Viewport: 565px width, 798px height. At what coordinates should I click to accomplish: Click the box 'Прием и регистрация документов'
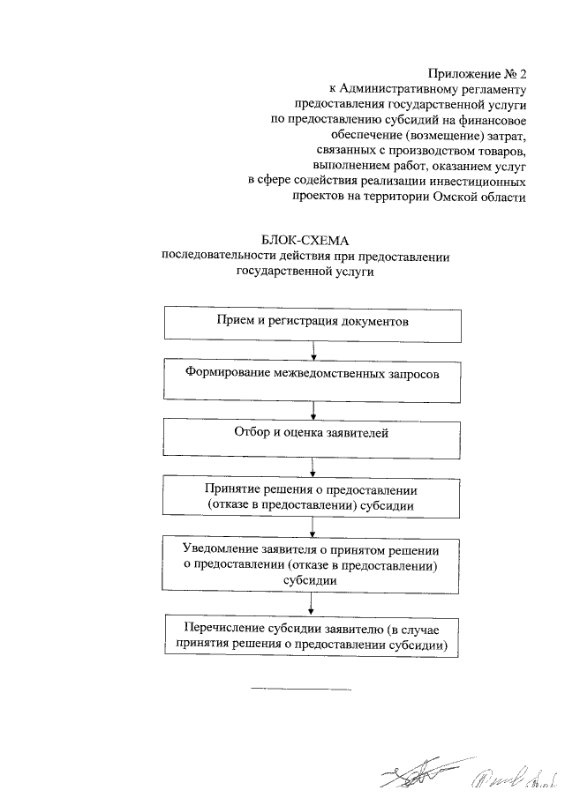[313, 323]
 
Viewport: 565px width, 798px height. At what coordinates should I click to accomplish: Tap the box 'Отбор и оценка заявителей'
[313, 438]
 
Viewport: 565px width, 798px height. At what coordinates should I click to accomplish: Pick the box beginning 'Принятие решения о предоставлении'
[313, 497]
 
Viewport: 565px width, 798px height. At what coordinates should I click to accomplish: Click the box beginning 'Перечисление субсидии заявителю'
[313, 636]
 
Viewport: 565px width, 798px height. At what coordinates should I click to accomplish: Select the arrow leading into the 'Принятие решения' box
[314, 467]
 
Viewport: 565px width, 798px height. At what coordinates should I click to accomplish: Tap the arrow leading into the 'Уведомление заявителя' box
[314, 527]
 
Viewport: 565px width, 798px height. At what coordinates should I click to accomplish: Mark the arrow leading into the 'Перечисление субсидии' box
[314, 604]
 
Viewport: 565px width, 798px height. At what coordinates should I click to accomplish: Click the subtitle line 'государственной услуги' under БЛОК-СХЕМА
[305, 273]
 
